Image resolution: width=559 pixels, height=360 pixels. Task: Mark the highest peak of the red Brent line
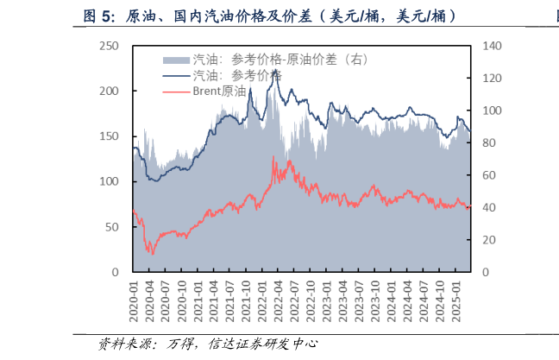pyautogui.click(x=274, y=156)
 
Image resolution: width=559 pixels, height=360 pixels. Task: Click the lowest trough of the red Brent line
pyautogui.click(x=153, y=254)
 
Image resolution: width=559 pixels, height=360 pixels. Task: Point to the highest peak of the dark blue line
pyautogui.click(x=275, y=69)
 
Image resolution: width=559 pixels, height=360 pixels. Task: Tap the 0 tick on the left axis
pyautogui.click(x=114, y=272)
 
